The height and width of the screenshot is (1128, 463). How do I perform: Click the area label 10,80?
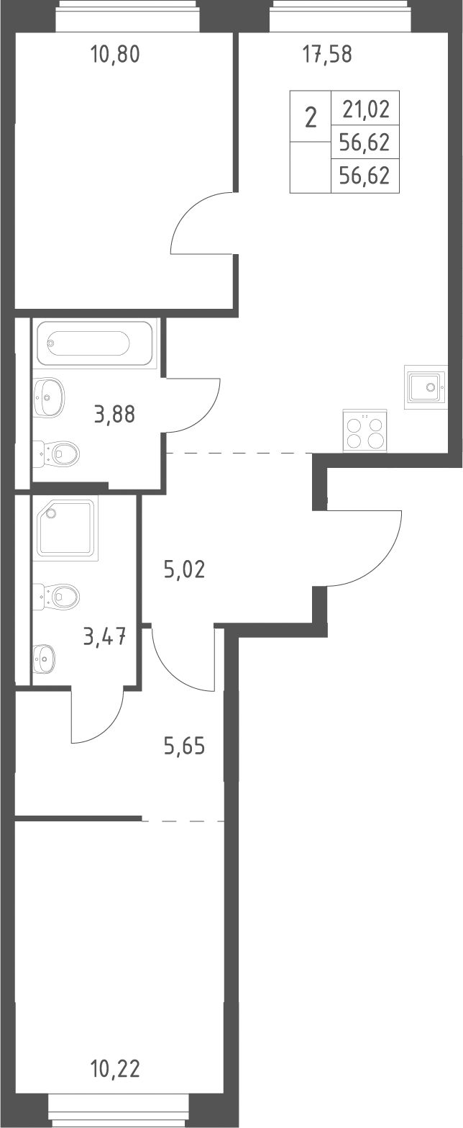114,54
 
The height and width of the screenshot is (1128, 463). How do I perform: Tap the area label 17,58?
327,54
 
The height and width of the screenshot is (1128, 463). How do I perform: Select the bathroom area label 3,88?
114,415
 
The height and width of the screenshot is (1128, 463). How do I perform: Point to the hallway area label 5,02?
185,569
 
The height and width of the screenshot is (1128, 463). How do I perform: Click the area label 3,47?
104,636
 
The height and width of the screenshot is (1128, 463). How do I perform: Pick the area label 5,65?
185,746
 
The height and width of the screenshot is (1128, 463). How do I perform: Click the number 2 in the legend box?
311,118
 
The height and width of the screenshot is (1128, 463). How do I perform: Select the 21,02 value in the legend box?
366,109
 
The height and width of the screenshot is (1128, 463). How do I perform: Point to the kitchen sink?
426,387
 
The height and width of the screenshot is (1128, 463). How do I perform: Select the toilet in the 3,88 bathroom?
56,454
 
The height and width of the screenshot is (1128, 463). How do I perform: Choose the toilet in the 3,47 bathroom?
56,597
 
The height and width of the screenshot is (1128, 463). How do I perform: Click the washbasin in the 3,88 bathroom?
48,398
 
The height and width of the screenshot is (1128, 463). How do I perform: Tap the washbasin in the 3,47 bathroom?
45,658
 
